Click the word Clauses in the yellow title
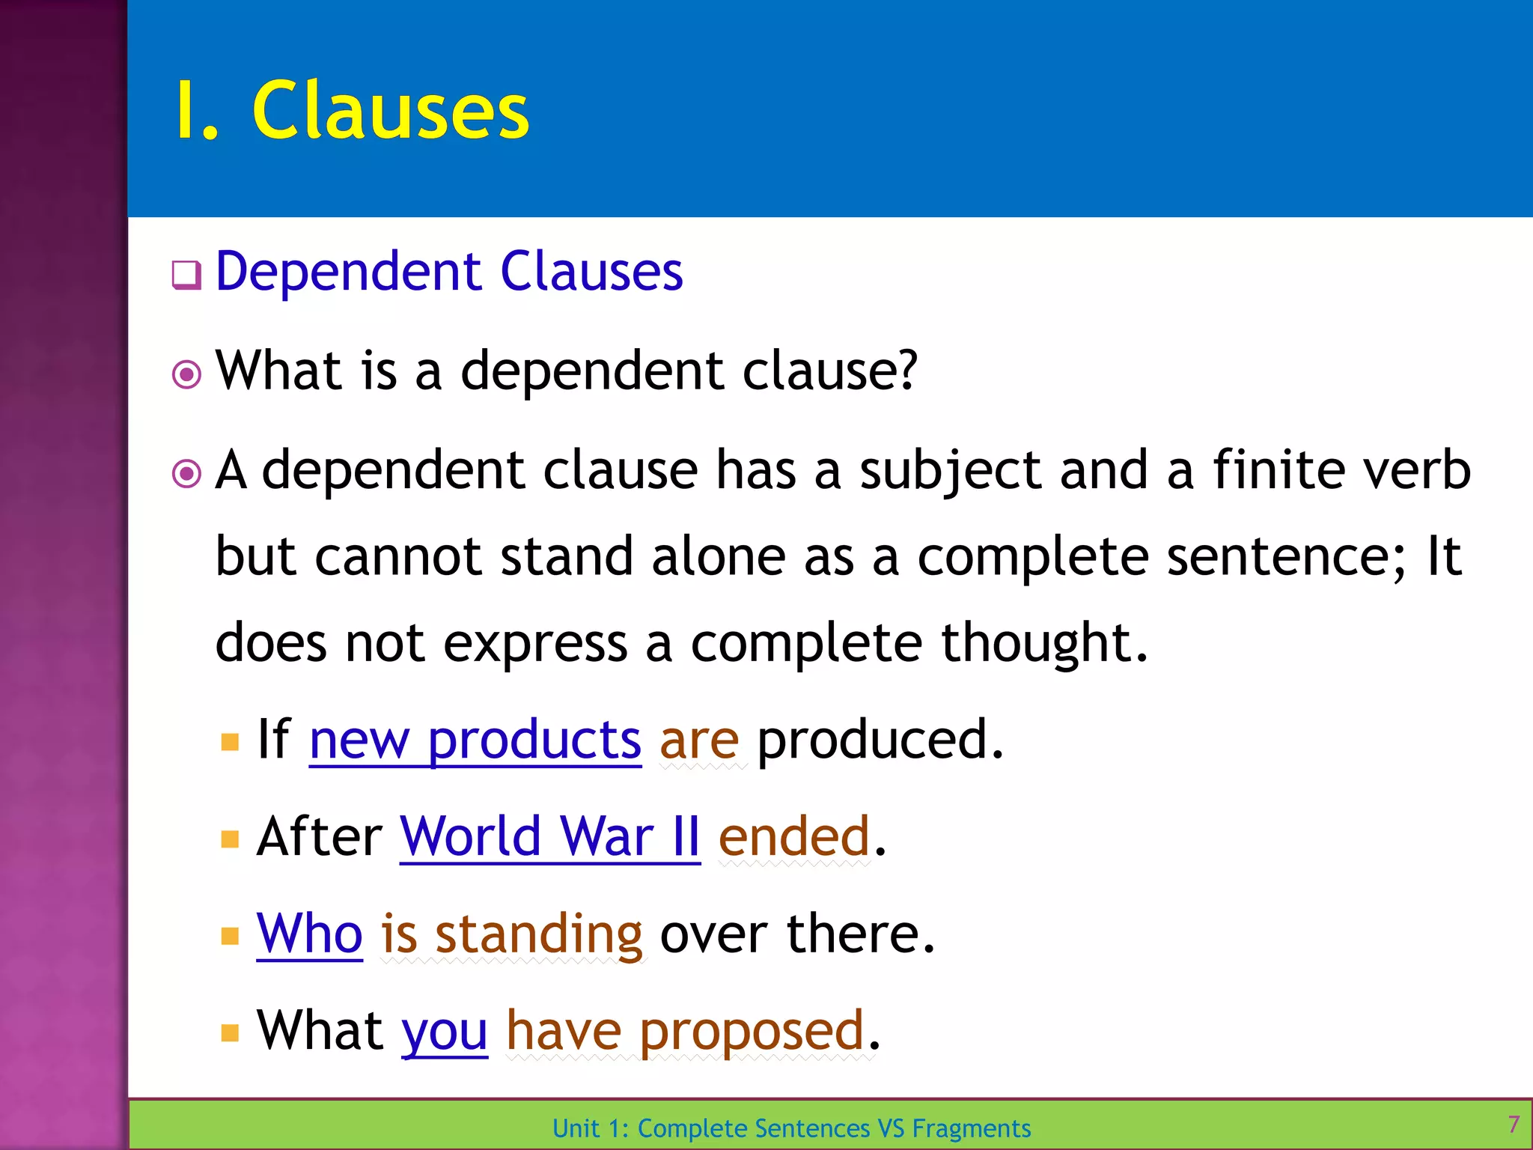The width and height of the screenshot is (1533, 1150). click(x=390, y=111)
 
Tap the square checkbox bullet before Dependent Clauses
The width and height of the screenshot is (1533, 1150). click(x=186, y=275)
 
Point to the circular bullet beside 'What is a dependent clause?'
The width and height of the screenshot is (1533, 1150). click(x=186, y=374)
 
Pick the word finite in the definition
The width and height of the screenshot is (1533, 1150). click(x=1277, y=469)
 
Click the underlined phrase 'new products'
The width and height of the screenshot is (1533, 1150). click(x=475, y=740)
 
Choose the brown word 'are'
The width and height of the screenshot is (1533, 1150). click(x=699, y=740)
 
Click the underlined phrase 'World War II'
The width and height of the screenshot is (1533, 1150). click(x=550, y=836)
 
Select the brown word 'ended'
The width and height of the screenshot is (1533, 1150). click(x=793, y=836)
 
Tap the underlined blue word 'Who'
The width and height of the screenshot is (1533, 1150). click(x=309, y=934)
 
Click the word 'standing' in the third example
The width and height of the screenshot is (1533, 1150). click(x=539, y=935)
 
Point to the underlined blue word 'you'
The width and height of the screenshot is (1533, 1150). click(x=445, y=1032)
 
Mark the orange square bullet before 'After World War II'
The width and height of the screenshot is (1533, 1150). click(x=230, y=839)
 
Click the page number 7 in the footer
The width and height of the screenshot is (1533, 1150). click(x=1514, y=1124)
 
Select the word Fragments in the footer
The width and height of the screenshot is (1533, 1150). click(x=971, y=1128)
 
